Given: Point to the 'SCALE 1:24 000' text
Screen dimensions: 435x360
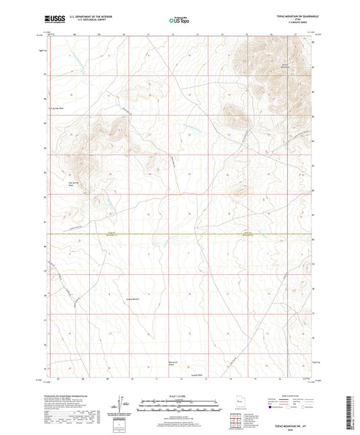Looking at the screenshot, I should [x=179, y=396].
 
